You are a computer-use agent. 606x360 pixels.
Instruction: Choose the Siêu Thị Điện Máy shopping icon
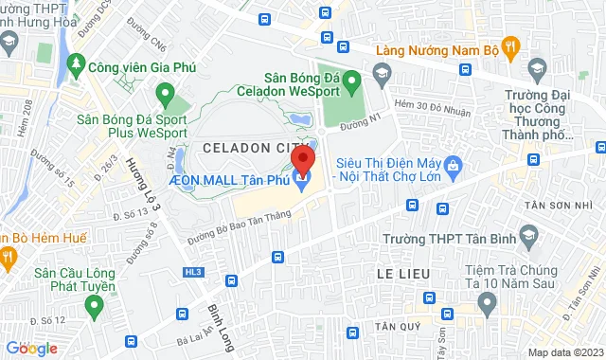(454, 167)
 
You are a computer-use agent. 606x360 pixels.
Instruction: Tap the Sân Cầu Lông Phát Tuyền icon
(93, 305)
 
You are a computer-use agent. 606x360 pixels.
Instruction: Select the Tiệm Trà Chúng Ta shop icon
(487, 303)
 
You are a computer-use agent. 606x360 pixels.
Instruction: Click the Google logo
(31, 349)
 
